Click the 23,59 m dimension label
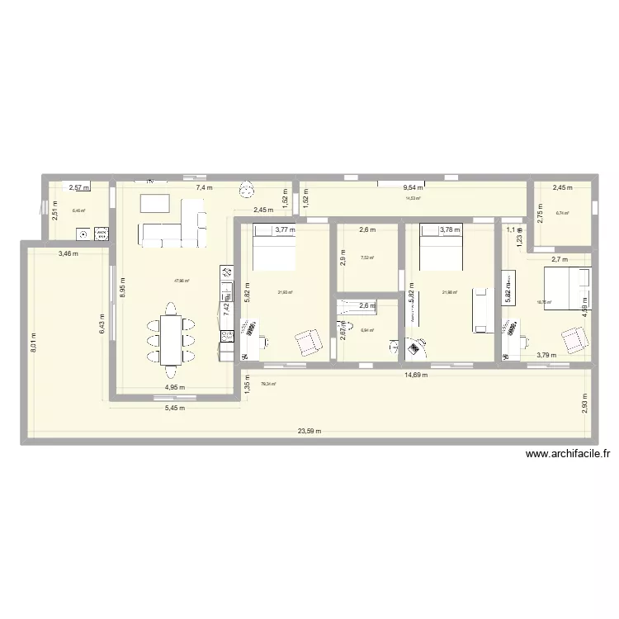click(309, 432)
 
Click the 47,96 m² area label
click(182, 281)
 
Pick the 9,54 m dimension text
click(403, 188)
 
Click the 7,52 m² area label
click(367, 258)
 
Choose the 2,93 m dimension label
click(583, 406)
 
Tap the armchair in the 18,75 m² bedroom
click(575, 338)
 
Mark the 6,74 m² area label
click(563, 213)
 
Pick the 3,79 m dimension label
click(546, 356)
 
